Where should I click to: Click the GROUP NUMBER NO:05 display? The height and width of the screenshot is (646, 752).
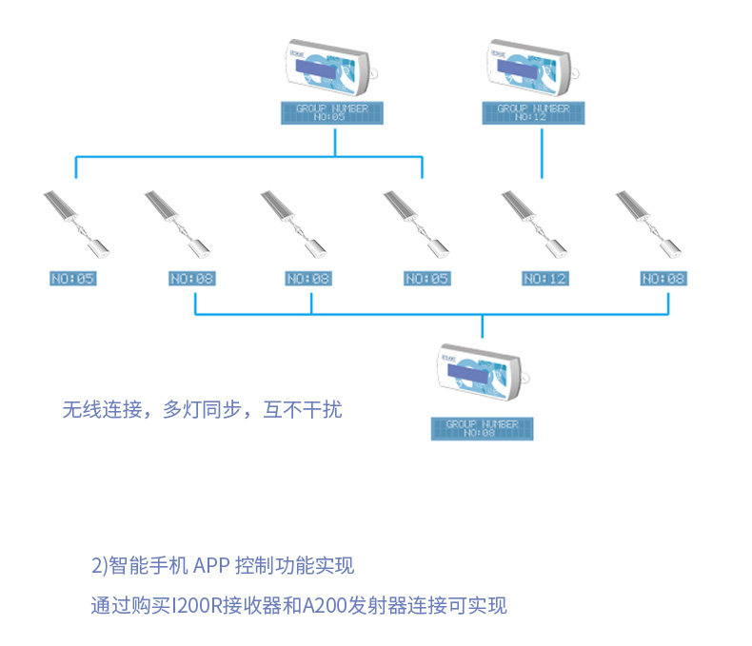click(331, 112)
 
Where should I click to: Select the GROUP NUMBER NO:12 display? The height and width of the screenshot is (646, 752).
click(533, 112)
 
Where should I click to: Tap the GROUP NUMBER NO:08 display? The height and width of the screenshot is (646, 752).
click(482, 428)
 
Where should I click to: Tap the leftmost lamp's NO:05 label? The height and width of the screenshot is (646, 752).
click(73, 279)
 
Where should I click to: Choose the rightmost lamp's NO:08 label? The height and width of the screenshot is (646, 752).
click(663, 279)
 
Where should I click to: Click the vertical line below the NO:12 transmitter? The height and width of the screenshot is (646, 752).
click(543, 152)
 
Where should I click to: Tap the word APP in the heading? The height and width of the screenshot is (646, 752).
click(211, 566)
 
